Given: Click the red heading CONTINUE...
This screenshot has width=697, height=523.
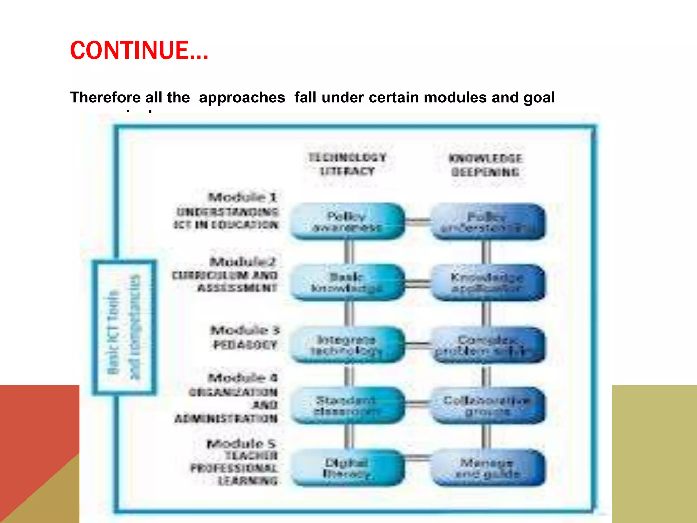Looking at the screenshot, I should [139, 50].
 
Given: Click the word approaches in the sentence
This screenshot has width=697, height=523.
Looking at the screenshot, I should [242, 97].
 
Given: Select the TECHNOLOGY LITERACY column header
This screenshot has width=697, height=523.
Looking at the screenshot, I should [347, 164].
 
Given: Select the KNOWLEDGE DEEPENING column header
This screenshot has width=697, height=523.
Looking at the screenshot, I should [485, 165].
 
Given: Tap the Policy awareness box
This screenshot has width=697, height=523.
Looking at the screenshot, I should [347, 221].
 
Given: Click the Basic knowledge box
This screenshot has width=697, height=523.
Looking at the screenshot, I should [347, 282].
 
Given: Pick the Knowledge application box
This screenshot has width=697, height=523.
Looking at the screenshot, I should [487, 283].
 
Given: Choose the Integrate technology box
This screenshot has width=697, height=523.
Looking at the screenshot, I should [347, 345].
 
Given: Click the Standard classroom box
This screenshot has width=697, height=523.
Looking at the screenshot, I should [347, 405].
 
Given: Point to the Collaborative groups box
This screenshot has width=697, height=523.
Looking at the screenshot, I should [487, 406].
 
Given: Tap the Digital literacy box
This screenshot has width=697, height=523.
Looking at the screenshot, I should [347, 467].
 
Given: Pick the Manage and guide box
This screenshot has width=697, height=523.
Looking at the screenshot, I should [487, 468].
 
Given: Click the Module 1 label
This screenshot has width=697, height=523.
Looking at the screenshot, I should [243, 197].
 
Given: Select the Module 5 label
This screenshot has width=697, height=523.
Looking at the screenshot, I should [241, 444].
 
